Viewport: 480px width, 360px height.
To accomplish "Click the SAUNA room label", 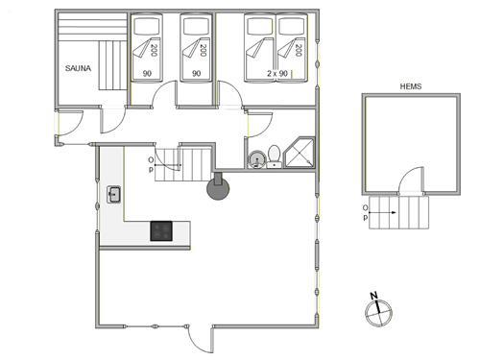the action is coord(78,68).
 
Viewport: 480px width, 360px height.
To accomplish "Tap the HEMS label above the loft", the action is coord(411,86).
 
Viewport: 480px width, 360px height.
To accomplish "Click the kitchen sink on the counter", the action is coord(113,195).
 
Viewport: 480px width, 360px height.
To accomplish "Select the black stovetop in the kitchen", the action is coord(161,231).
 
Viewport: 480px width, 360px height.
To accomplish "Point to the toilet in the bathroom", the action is coord(274,156).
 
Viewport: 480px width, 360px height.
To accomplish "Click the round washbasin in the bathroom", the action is coord(256,159).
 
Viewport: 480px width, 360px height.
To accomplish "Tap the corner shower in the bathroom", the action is coord(300,153).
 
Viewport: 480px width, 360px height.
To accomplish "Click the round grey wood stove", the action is coord(218,188).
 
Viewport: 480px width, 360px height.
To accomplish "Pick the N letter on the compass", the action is coord(373,296).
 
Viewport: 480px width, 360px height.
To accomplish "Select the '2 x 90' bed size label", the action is coord(277,73).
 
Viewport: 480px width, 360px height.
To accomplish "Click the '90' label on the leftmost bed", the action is coord(147,74).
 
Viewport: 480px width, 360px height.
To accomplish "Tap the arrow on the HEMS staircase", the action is coord(383,212).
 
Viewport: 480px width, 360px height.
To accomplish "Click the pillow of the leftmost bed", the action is coord(147,26).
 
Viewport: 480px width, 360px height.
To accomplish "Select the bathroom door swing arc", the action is coord(265,123).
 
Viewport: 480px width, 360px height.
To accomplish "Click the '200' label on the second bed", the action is coord(203,50).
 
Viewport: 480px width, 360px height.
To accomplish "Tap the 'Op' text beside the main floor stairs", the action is coord(151,164).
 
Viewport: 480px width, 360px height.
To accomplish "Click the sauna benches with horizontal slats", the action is coord(93,27).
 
